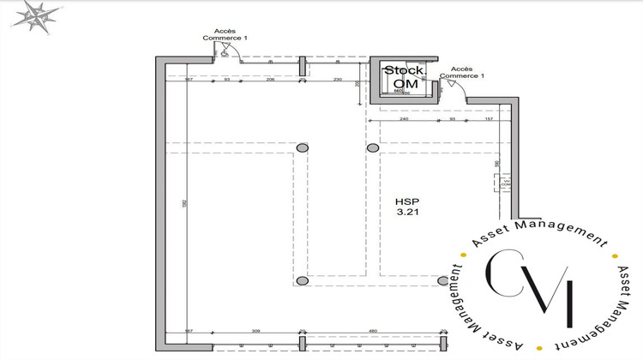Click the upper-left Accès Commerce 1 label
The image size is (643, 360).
[x=225, y=33]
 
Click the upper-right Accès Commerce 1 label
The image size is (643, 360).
[x=462, y=72]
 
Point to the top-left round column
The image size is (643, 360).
[x=302, y=148]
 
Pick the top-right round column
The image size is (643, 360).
[x=373, y=148]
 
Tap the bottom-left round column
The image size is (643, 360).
[x=302, y=281]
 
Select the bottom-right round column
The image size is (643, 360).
[x=443, y=280]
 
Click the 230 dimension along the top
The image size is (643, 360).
[x=337, y=79]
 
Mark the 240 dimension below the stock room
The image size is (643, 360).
[x=404, y=119]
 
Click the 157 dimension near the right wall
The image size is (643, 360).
[x=490, y=119]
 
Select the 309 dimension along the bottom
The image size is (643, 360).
[x=255, y=331]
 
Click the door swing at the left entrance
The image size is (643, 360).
[x=226, y=53]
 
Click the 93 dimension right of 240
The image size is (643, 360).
[x=452, y=119]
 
